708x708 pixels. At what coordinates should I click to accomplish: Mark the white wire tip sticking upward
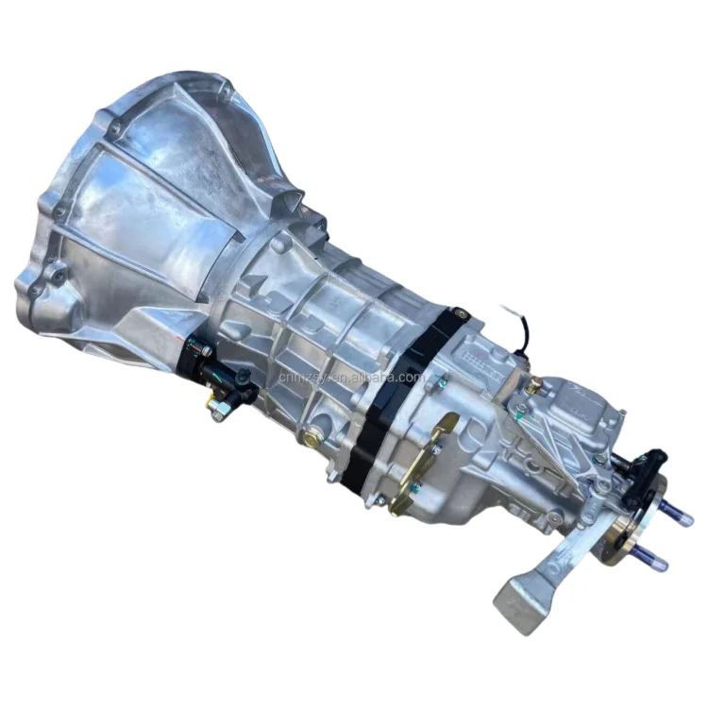tap(506, 310)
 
